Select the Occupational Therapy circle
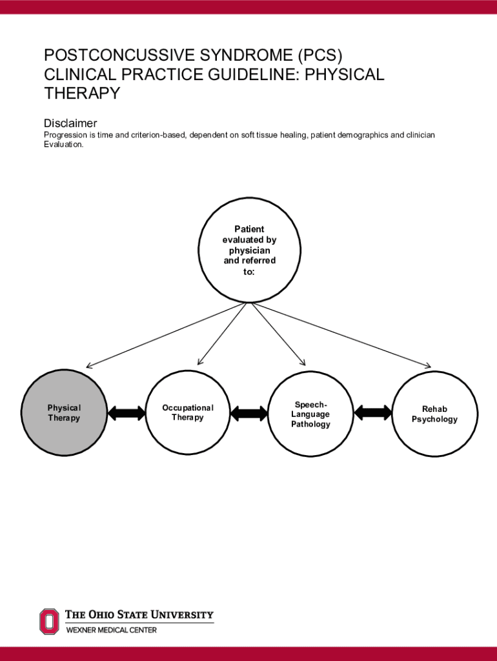(x=187, y=413)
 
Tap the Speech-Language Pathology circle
(x=310, y=414)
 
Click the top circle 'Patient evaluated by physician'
(x=249, y=250)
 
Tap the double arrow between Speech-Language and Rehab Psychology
(x=372, y=412)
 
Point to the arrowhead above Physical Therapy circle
(x=89, y=366)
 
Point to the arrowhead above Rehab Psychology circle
(x=427, y=366)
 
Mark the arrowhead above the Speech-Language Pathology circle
(x=302, y=362)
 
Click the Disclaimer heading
(x=70, y=123)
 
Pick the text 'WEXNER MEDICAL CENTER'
(x=112, y=630)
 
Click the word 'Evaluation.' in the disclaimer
(x=63, y=145)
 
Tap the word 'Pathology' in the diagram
(x=310, y=424)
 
